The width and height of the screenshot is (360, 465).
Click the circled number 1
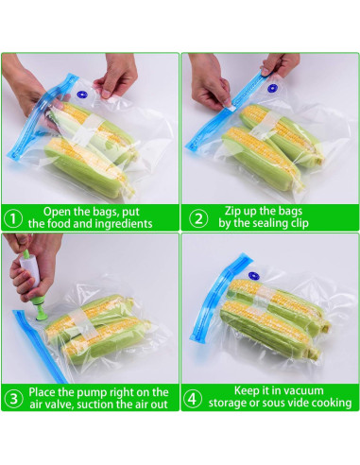coord(13,218)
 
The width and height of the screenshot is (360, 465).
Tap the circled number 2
coord(198,218)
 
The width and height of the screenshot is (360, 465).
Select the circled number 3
coord(14,399)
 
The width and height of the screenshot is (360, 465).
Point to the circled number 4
coord(193,399)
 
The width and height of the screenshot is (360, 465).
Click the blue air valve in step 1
coord(82,95)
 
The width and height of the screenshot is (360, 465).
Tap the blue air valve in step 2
coord(272,88)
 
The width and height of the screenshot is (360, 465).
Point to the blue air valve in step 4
coord(253,276)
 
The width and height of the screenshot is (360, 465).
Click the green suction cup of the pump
coord(43,313)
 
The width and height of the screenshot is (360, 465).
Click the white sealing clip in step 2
coord(229,106)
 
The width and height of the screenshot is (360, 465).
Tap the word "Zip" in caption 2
coord(232,211)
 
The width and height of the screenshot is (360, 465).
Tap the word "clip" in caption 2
coord(299,224)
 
